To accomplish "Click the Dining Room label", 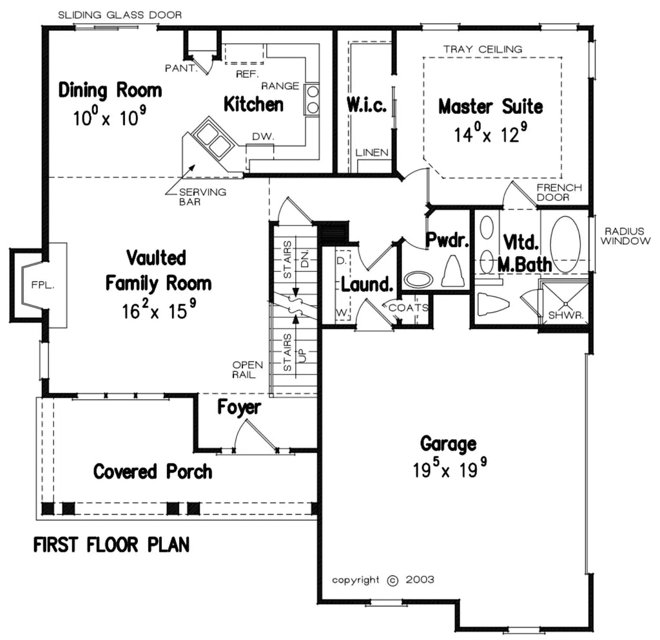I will click(110, 90).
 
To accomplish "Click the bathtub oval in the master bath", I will click(565, 244).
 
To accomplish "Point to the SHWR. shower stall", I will click(564, 303).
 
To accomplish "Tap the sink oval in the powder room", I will click(419, 279).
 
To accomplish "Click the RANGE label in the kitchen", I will click(280, 86).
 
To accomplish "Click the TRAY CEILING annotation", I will click(482, 49).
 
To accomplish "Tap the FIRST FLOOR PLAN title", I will click(112, 545).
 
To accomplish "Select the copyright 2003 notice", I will click(383, 579).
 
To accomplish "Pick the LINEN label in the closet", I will click(373, 153).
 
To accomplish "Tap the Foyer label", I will click(238, 408).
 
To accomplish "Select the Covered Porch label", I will click(153, 471).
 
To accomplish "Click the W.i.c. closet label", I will click(366, 106).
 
